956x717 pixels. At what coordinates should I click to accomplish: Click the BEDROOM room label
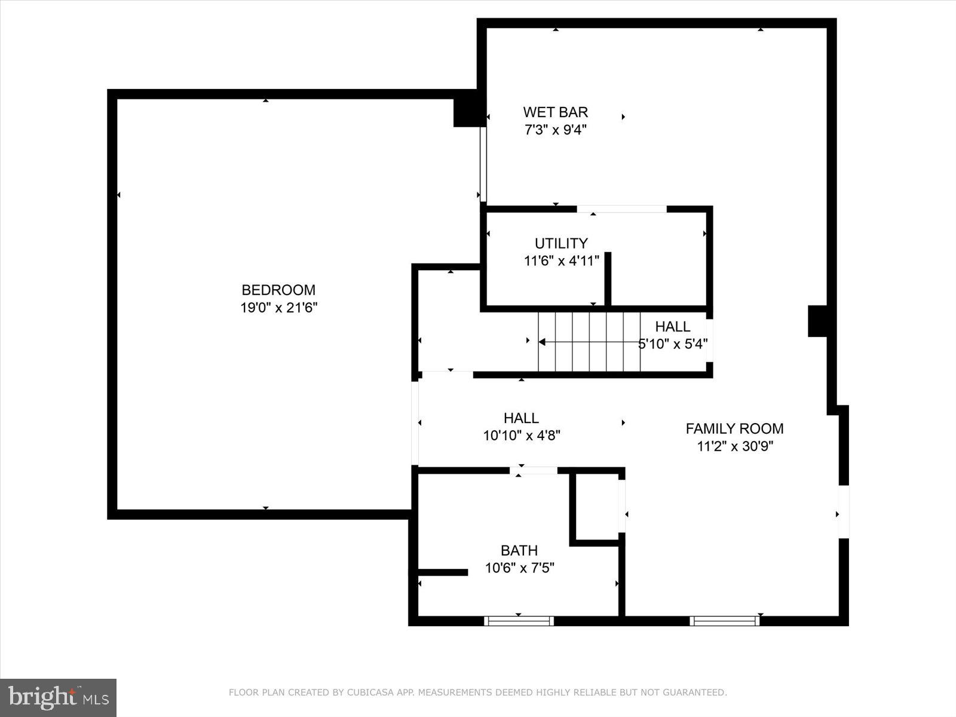point(278,290)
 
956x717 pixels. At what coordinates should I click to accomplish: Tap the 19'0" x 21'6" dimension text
point(278,308)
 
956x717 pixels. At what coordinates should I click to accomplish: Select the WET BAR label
point(555,112)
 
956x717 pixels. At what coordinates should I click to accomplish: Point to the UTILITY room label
point(560,243)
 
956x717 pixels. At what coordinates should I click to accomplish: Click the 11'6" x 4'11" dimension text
point(560,261)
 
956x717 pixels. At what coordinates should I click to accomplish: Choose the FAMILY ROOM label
point(734,428)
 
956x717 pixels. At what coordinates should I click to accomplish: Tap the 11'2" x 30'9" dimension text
point(734,446)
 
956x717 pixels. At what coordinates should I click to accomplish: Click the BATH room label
point(519,550)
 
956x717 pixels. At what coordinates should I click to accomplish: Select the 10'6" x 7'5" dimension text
point(519,568)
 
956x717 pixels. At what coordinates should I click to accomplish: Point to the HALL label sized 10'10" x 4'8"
point(521,418)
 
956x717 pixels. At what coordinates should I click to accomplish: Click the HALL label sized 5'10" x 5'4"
point(673,326)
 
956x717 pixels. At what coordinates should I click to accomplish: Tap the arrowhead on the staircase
point(542,342)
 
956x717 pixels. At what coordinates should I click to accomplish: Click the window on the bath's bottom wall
point(519,621)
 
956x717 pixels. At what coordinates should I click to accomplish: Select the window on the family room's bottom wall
point(724,621)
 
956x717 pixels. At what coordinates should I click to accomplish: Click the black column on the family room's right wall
point(817,321)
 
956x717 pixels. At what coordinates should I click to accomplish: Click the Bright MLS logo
point(58,697)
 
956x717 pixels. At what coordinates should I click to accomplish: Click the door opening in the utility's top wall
point(621,209)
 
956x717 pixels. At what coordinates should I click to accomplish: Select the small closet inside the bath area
point(596,507)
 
